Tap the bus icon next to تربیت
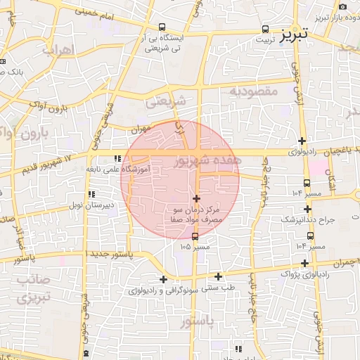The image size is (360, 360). tap(265, 29)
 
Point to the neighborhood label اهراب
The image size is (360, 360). tap(58, 50)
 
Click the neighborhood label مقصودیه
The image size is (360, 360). tap(253, 91)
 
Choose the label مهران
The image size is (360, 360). tap(141, 130)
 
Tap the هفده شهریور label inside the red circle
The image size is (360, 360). tap(205, 161)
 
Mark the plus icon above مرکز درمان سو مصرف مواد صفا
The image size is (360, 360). tap(196, 199)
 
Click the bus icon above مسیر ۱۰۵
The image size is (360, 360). tap(195, 236)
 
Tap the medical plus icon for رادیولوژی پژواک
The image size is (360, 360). tap(304, 263)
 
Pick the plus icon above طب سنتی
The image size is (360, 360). tap(218, 276)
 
